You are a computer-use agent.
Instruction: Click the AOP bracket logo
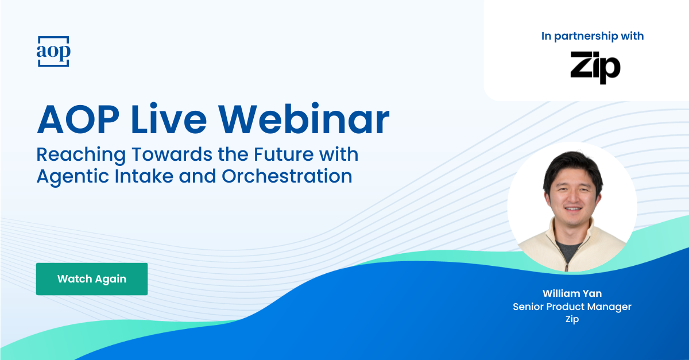53,52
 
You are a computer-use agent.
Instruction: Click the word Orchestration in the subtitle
287,176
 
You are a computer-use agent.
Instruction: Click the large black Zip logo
595,67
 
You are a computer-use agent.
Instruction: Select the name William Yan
572,293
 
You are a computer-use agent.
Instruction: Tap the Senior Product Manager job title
572,307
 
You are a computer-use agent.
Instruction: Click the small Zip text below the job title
572,319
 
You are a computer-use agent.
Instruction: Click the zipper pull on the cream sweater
566,266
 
